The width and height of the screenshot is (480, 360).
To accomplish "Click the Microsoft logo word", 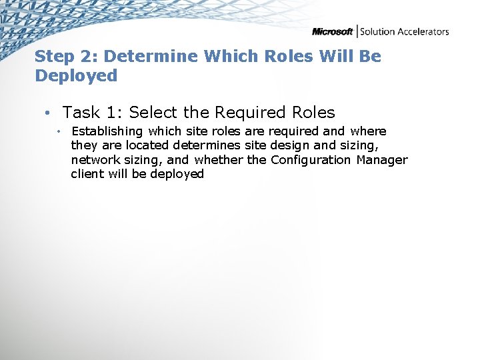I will pyautogui.click(x=333, y=31).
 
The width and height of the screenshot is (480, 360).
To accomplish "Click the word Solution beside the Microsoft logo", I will pyautogui.click(x=377, y=31).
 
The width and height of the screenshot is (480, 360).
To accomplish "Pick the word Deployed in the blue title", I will pyautogui.click(x=76, y=76).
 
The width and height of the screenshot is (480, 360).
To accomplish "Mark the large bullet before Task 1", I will pyautogui.click(x=49, y=113).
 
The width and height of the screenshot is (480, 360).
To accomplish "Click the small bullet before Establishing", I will pyautogui.click(x=59, y=131).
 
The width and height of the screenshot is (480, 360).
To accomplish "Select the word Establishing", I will pyautogui.click(x=107, y=131).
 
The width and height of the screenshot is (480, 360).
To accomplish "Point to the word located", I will pyautogui.click(x=147, y=145).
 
